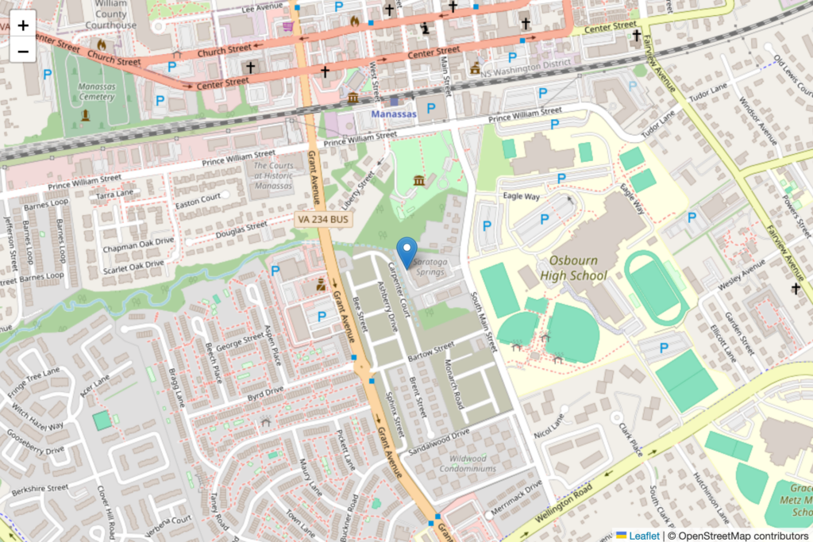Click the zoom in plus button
[x=23, y=25]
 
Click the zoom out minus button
[x=23, y=52]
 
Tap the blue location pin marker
[x=406, y=252]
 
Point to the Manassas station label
[x=394, y=114]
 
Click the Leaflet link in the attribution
[x=644, y=536]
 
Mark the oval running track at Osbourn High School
[x=655, y=286]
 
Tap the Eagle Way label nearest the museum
[x=521, y=195]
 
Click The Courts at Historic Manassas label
[x=273, y=175]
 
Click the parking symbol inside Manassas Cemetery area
[x=48, y=74]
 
